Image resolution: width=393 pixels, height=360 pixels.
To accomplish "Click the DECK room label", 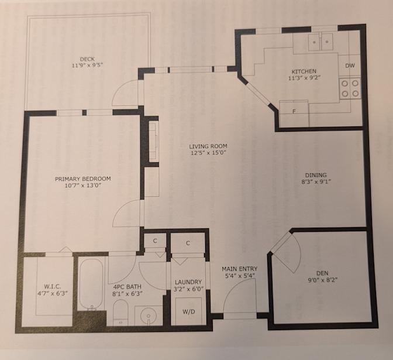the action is (87, 59).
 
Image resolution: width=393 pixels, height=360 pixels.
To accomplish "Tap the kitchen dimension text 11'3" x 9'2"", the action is (305, 78).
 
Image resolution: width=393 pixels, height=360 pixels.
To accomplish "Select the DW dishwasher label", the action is (350, 66).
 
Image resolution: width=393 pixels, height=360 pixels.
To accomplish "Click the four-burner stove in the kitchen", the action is (350, 88).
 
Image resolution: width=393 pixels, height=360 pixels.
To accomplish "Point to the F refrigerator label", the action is (294, 112).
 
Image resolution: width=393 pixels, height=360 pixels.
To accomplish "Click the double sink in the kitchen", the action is (320, 41).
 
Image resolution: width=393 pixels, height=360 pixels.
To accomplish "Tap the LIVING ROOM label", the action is (208, 146).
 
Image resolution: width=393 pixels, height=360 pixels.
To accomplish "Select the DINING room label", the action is (316, 175).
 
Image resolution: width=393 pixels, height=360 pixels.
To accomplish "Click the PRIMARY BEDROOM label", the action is (82, 179).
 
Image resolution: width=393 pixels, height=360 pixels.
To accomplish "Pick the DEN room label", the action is (322, 273).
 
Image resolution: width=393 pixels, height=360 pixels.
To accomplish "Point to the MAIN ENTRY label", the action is (239, 269).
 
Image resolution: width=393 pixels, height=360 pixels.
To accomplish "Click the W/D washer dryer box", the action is (188, 311).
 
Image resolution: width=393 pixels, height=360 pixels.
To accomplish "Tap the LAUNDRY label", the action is (188, 282).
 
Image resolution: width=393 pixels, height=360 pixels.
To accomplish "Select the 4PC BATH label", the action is (127, 287).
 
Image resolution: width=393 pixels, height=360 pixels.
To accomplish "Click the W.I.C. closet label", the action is (53, 286).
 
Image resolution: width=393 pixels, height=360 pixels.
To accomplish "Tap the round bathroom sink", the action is (149, 315).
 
